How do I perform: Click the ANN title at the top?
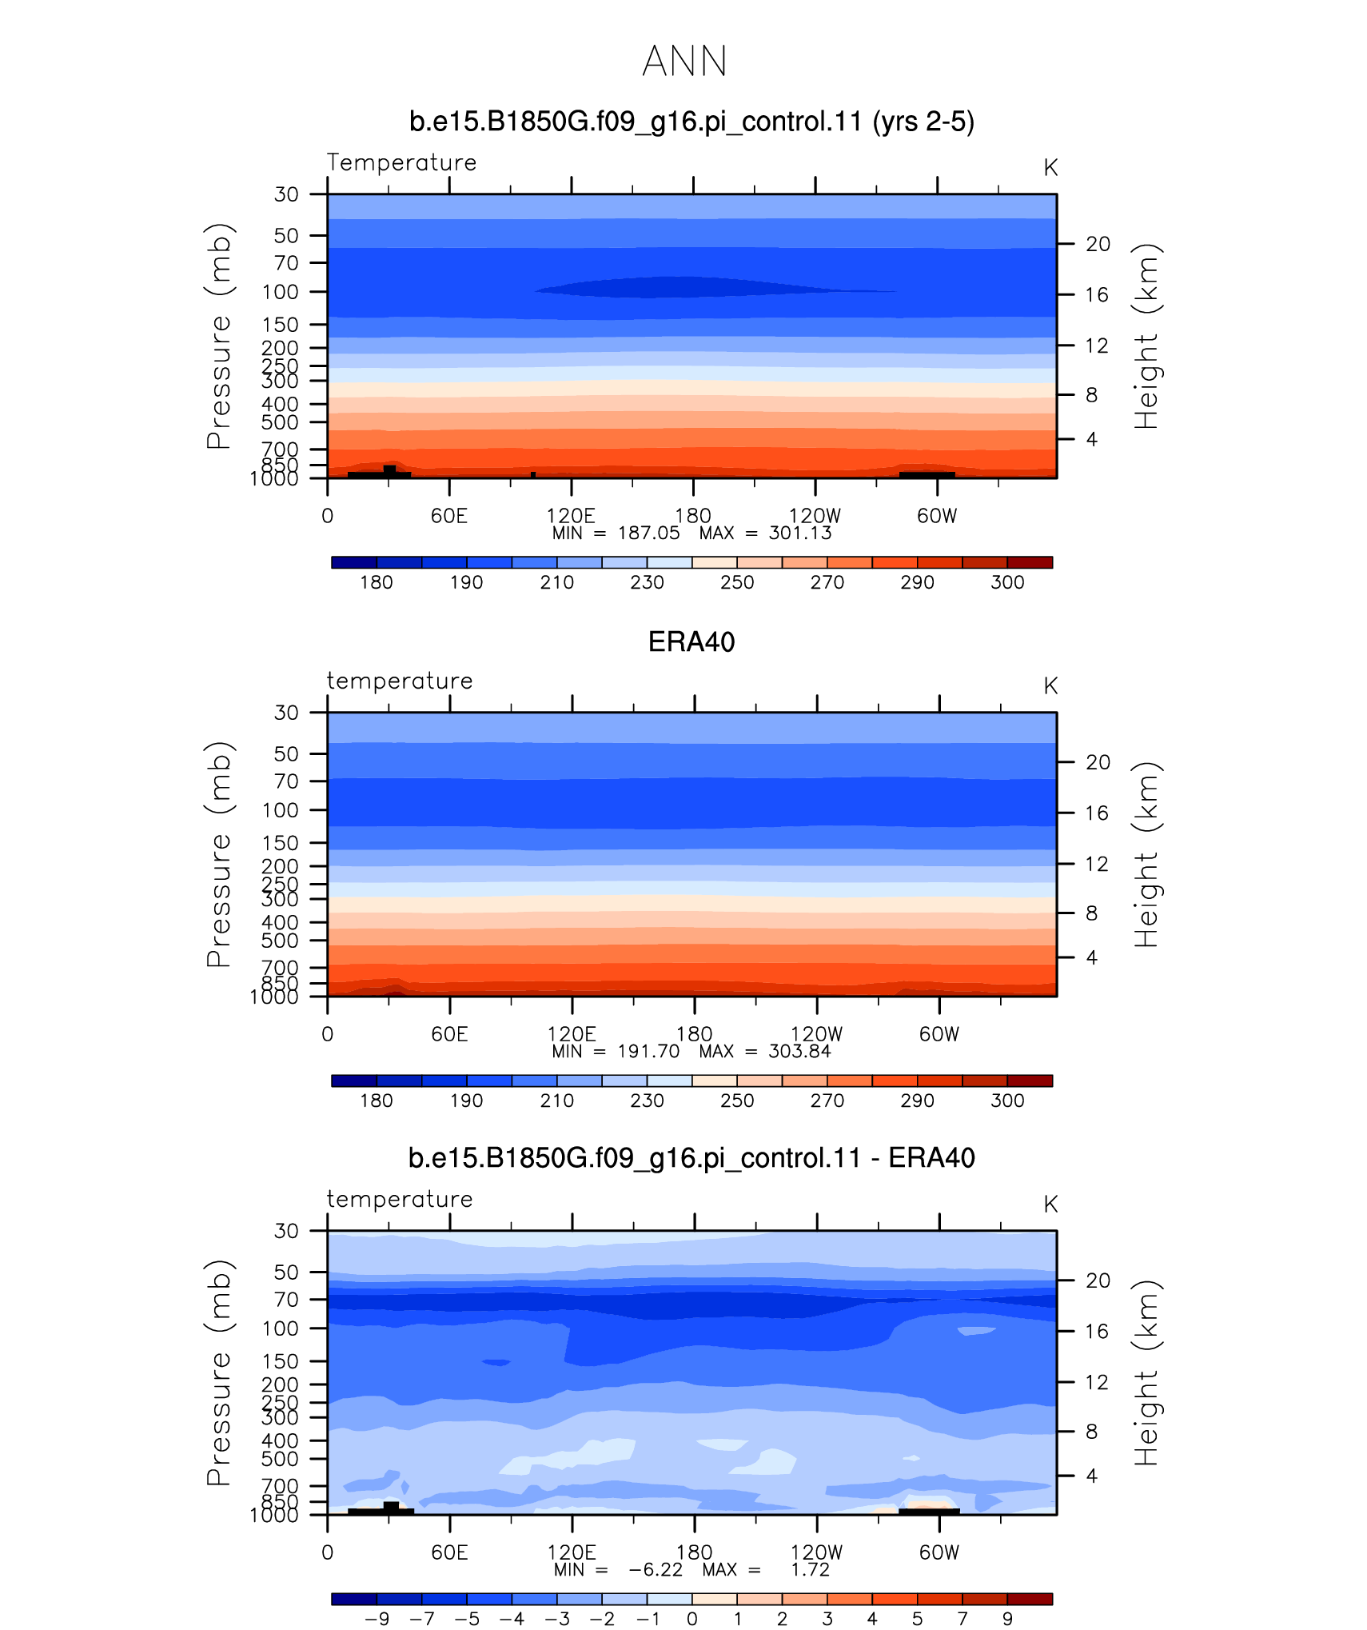click(x=684, y=62)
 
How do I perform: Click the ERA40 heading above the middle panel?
click(x=691, y=642)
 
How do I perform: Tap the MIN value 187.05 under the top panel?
click(x=648, y=533)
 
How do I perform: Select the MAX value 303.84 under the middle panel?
click(x=799, y=1052)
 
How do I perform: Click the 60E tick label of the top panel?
click(x=449, y=516)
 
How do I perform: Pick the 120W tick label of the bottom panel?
click(x=817, y=1552)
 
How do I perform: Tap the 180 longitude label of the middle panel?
click(x=694, y=1034)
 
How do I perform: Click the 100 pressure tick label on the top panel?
click(x=281, y=292)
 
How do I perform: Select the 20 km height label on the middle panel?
click(x=1098, y=762)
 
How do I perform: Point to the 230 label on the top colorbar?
click(x=647, y=582)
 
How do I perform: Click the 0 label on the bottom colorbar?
click(x=692, y=1619)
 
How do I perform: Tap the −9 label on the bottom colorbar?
click(x=377, y=1619)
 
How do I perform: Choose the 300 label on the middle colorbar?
click(x=1007, y=1101)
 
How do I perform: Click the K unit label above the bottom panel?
click(x=1050, y=1205)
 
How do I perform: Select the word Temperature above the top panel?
click(x=401, y=162)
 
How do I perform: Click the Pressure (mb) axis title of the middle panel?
click(x=218, y=854)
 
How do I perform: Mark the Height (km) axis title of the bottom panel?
click(x=1146, y=1372)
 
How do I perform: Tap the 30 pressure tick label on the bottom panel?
click(x=286, y=1231)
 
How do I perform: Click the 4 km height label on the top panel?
click(x=1092, y=439)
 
